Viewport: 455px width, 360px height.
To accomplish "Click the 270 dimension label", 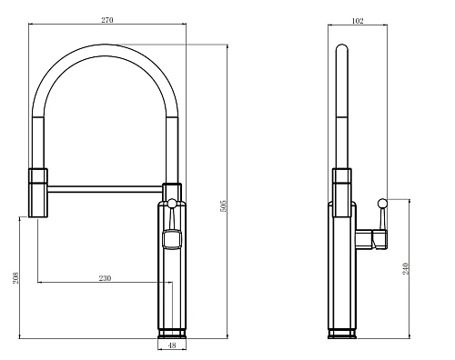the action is click(107, 20).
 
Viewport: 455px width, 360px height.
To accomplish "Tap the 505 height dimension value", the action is click(223, 205).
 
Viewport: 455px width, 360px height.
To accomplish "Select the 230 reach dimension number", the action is click(105, 278).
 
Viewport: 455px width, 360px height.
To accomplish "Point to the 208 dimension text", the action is click(15, 277).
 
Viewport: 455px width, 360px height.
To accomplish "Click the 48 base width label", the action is click(172, 345).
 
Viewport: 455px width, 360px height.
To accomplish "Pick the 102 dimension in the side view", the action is click(358, 21).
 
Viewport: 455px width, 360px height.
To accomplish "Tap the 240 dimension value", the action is click(406, 269).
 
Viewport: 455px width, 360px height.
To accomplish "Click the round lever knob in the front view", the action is click(172, 203).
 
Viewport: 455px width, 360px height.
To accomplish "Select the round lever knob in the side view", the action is click(382, 203).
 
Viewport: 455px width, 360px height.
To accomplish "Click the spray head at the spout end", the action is click(38, 193).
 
